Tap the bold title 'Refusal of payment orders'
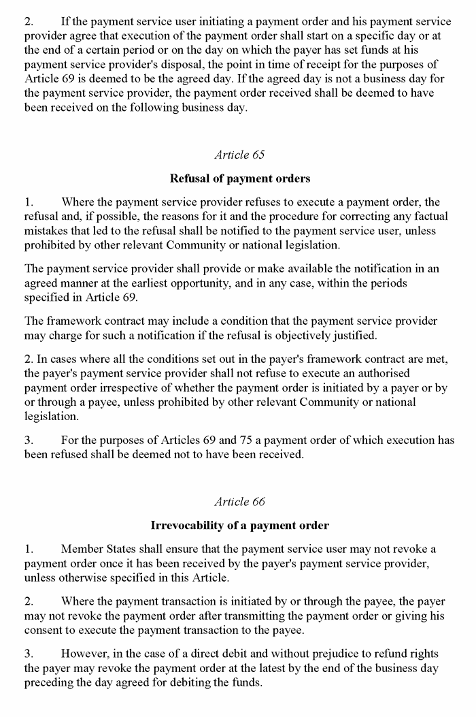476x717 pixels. click(x=239, y=178)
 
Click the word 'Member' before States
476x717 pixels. click(x=80, y=549)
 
